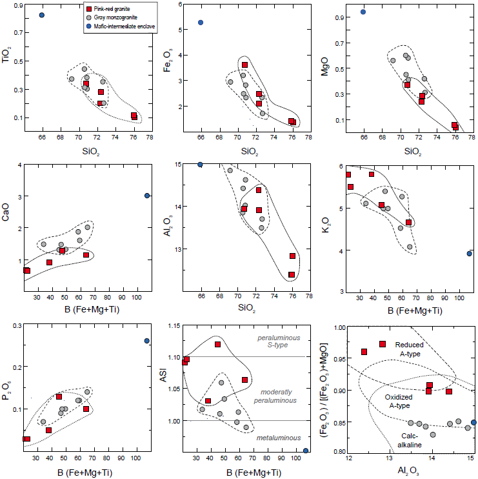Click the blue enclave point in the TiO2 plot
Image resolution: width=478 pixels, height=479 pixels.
42,15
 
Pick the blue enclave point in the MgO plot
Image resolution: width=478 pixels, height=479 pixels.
363,12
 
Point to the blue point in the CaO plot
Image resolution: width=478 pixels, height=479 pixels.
147,196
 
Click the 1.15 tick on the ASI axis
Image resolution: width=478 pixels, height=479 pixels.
174,325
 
